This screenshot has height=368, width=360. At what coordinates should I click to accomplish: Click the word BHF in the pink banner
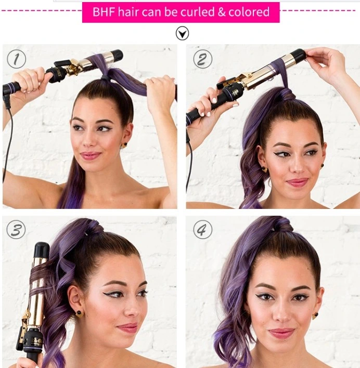click(x=104, y=12)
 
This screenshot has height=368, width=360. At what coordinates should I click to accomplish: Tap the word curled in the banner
click(x=198, y=12)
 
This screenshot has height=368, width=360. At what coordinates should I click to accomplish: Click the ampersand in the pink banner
click(x=222, y=12)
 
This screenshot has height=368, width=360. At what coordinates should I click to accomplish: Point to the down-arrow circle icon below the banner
click(x=182, y=33)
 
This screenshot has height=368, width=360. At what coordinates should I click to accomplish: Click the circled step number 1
click(x=17, y=59)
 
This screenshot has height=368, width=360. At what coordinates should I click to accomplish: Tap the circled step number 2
click(x=202, y=59)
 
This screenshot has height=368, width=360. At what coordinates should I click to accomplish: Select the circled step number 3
click(x=16, y=230)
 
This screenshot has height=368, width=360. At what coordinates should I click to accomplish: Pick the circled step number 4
click(x=202, y=230)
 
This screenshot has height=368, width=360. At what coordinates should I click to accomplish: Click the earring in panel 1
click(x=124, y=145)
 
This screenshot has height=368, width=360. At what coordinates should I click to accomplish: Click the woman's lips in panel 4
click(x=281, y=333)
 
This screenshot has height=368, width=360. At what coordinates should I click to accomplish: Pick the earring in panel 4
click(x=315, y=315)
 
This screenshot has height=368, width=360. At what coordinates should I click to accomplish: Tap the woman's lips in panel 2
click(x=297, y=182)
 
